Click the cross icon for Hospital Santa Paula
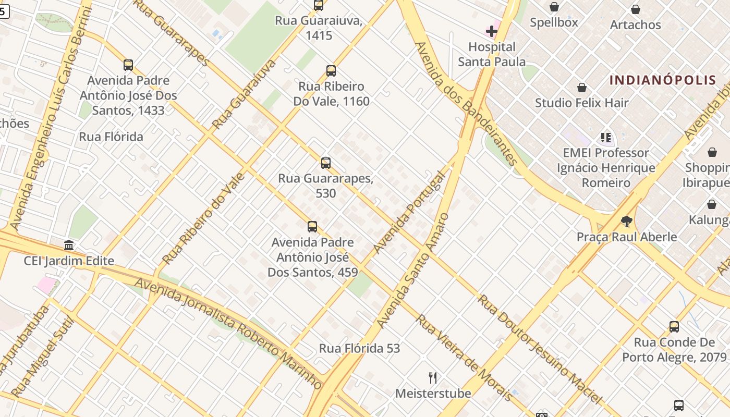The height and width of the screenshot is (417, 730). pos(491,32)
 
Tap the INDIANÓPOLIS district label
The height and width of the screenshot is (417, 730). pos(663,80)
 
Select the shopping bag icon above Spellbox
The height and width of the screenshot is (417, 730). pos(554,7)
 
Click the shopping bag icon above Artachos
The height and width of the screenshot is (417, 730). pos(635,9)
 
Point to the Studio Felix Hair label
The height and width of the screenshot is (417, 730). pos(581,103)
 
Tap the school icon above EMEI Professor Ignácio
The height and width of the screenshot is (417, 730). pos(605,138)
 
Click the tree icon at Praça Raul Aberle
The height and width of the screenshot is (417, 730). pos(626,222)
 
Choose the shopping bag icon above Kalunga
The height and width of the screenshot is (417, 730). pos(711,204)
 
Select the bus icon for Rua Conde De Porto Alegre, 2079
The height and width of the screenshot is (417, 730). pos(674,327)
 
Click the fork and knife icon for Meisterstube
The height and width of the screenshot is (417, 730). pos(432,377)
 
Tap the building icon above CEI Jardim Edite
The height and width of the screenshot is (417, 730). pos(69,245)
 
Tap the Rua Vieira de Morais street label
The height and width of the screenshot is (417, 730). pos(464,358)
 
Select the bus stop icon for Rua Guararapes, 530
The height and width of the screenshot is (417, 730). pos(325,163)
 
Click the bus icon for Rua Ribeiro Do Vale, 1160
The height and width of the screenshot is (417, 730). pos(331,71)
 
